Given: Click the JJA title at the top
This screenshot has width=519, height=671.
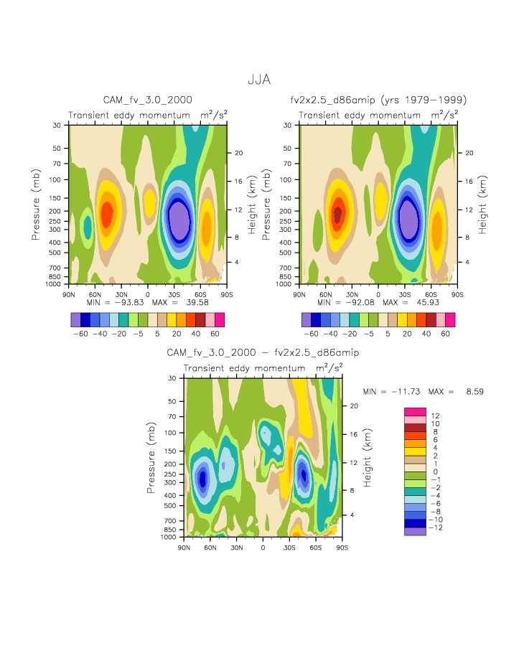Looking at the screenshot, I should [259, 80].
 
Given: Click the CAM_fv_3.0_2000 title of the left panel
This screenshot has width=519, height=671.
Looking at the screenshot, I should [148, 100].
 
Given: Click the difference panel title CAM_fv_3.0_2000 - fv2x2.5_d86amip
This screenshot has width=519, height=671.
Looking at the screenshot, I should [263, 353].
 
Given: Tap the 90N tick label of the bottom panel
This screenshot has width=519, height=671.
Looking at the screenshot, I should [184, 548].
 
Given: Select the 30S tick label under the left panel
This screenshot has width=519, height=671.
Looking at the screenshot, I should [174, 294].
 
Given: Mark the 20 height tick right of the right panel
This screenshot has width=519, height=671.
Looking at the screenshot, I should [467, 153].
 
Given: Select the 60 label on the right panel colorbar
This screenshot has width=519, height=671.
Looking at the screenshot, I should [446, 334].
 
